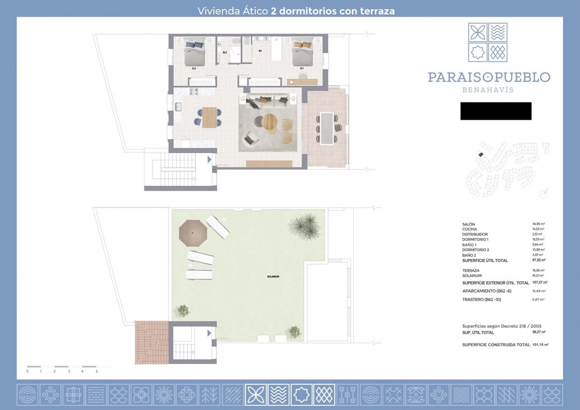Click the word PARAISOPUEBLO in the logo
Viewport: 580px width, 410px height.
489,77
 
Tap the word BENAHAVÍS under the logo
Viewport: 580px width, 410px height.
488,90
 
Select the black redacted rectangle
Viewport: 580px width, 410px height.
495,111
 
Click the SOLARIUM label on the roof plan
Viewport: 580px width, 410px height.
273,276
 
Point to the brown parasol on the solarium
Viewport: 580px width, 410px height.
193,233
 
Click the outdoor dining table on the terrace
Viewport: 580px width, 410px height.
327,128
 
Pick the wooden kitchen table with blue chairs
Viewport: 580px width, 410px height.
209,117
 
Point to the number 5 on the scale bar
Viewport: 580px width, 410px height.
97,371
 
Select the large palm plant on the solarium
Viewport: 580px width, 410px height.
305,226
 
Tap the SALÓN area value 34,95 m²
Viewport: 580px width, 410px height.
538,225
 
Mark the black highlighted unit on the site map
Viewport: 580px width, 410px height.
480,154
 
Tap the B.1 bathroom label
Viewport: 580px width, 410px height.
260,51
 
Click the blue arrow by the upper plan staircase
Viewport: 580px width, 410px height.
209,159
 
